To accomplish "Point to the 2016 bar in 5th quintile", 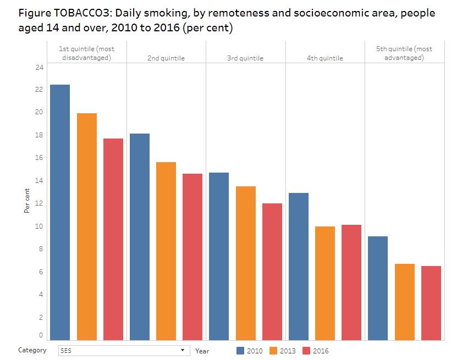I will (x=431, y=303).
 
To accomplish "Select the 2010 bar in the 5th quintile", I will (x=378, y=288).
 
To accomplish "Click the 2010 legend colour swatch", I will (x=240, y=351).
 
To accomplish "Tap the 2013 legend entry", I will (x=283, y=351).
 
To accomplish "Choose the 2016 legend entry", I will (x=316, y=351).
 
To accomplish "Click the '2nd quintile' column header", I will (x=166, y=58).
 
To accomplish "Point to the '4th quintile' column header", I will (x=325, y=58).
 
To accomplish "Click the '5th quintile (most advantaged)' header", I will (x=404, y=53).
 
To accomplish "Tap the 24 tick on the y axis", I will (x=39, y=68).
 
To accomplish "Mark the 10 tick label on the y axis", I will (x=39, y=226).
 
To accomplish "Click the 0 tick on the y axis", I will (x=41, y=335).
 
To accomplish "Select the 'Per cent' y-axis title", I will (x=27, y=200).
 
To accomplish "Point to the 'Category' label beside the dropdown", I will (x=32, y=350).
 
